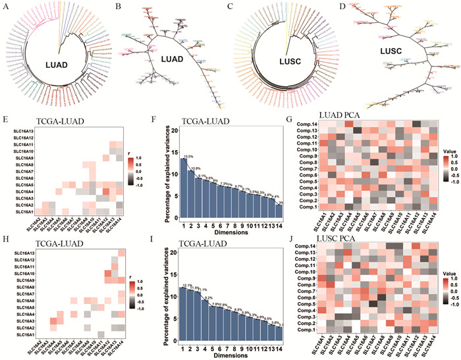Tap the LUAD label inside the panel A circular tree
58,64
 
